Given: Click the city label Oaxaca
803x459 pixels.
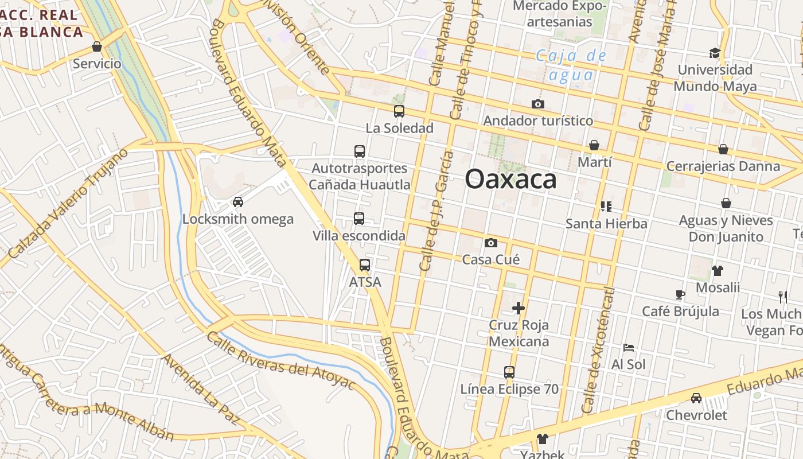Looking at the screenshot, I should click(510, 179).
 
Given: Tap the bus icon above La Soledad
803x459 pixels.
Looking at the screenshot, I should click(399, 111).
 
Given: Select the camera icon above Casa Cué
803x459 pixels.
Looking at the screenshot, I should click(490, 243).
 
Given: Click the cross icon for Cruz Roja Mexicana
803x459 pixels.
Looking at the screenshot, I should click(519, 308).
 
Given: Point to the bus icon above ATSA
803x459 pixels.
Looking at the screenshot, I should click(365, 265).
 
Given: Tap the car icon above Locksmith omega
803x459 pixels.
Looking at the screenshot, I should click(237, 202).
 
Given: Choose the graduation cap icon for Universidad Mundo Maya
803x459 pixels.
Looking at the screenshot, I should click(714, 53).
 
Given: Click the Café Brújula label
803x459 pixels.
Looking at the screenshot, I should click(680, 312).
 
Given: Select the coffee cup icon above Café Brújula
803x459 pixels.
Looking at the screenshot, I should click(680, 295).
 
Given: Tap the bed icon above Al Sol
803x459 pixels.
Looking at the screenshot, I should click(629, 348).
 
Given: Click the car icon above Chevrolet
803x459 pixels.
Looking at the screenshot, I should click(696, 398).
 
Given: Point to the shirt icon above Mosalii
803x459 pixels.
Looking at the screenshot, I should click(718, 271).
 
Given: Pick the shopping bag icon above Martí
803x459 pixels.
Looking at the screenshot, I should click(594, 146).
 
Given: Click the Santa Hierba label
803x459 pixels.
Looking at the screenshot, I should click(606, 224).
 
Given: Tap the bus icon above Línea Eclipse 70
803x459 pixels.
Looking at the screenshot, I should click(509, 372).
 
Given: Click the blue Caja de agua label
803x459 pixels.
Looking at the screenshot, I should click(571, 65).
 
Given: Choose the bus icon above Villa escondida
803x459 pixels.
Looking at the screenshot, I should click(359, 219).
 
